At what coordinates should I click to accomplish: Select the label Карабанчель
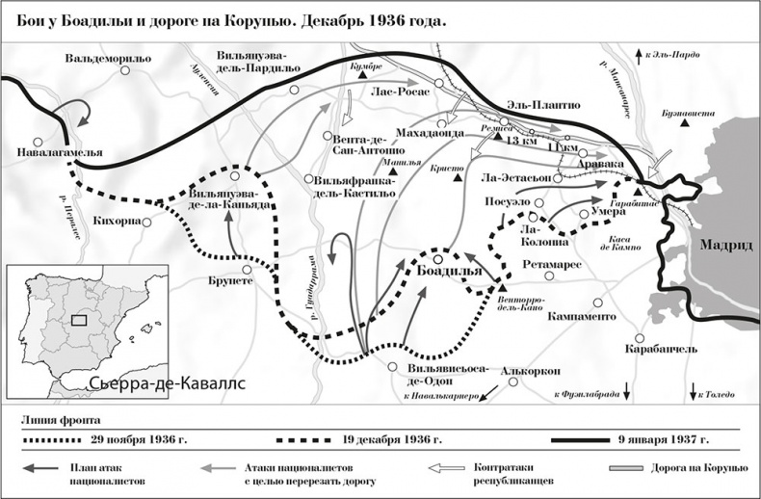(660, 348)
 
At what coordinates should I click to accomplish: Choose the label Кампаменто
(581, 315)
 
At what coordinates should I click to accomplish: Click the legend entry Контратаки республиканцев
(512, 472)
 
